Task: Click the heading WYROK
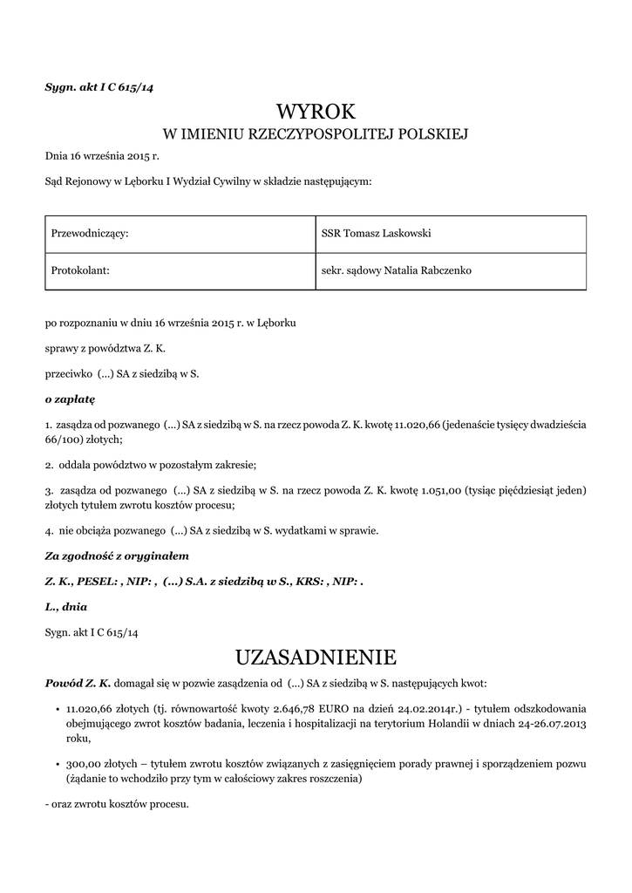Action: (316, 111)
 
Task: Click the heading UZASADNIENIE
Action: (316, 656)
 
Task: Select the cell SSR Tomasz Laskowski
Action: (377, 234)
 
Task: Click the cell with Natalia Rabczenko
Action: (433, 271)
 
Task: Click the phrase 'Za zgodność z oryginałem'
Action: (117, 555)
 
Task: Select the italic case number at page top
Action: (99, 87)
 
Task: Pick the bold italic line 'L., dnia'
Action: (65, 606)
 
